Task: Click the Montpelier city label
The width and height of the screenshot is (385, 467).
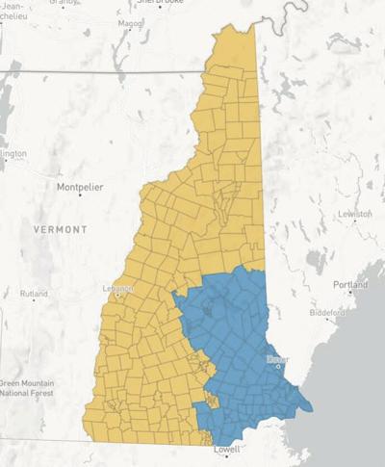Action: point(79,186)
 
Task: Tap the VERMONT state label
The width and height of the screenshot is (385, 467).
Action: point(60,230)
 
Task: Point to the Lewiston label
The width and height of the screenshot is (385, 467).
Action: point(354,213)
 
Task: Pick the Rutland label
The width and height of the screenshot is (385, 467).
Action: point(33,293)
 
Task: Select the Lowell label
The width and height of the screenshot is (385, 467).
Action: point(227,450)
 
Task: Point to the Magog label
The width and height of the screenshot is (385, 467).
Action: point(130,23)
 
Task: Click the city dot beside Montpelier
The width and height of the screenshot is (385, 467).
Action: point(80,195)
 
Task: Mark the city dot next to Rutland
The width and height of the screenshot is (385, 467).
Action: point(34,300)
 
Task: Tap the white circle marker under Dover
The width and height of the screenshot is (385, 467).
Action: point(278,366)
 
